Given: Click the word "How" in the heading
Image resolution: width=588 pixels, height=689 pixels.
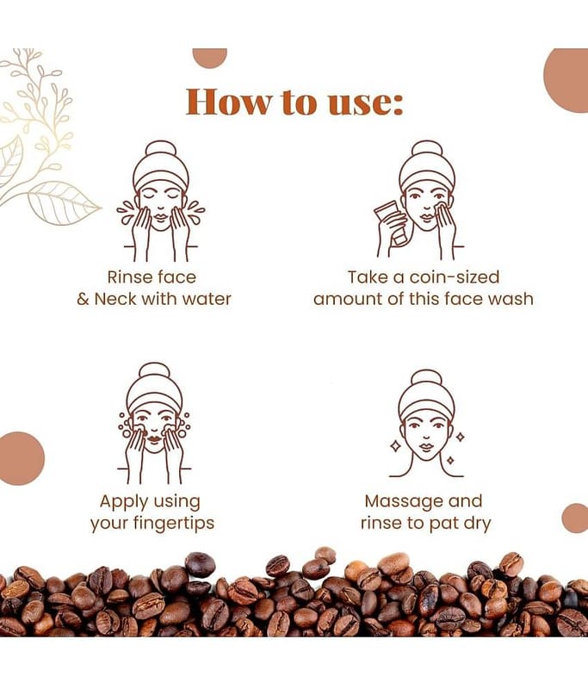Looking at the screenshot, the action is (x=229, y=102).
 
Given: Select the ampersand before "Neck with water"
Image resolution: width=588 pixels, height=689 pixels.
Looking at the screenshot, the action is (x=83, y=299).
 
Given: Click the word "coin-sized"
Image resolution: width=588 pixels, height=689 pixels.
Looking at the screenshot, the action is (x=455, y=277).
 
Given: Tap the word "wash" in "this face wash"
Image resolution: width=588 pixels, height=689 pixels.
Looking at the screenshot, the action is (x=511, y=299).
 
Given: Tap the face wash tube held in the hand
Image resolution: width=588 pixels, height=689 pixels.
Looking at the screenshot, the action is (x=390, y=222).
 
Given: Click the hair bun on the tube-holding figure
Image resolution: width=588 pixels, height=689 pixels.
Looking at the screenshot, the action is (x=426, y=150).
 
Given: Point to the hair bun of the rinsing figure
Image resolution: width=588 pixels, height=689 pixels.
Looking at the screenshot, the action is (x=161, y=150).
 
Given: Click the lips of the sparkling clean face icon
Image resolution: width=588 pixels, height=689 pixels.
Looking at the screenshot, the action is (x=425, y=447).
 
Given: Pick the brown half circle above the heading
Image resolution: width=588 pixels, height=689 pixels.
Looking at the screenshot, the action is (x=210, y=58).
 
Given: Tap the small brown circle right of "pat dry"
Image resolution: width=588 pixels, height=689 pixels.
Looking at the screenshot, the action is (x=575, y=518).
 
